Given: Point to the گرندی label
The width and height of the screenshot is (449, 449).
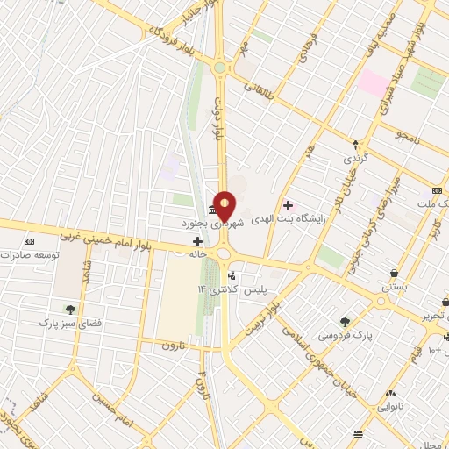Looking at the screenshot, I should pyautogui.click(x=354, y=158).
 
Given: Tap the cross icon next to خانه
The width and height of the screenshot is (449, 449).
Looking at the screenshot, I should pyautogui.click(x=197, y=240).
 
